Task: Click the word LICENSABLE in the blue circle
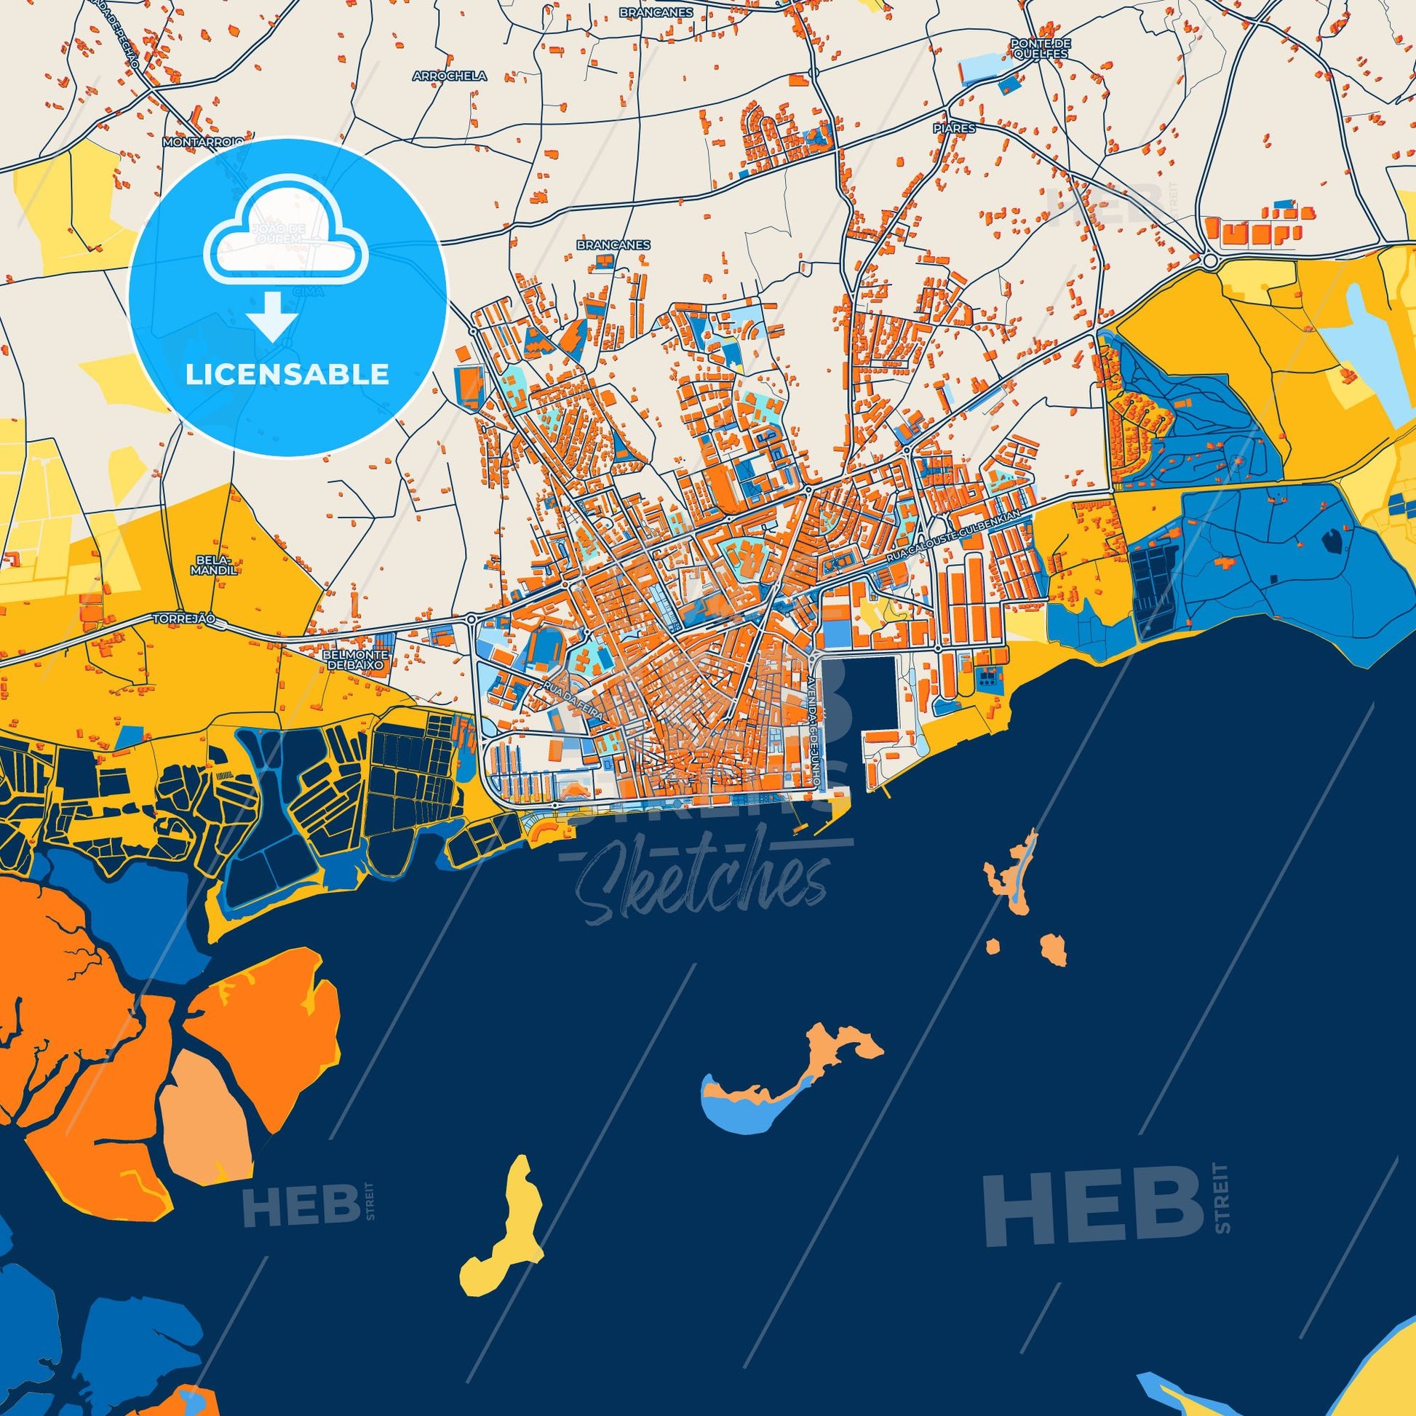(x=287, y=374)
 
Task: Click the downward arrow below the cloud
(x=271, y=317)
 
